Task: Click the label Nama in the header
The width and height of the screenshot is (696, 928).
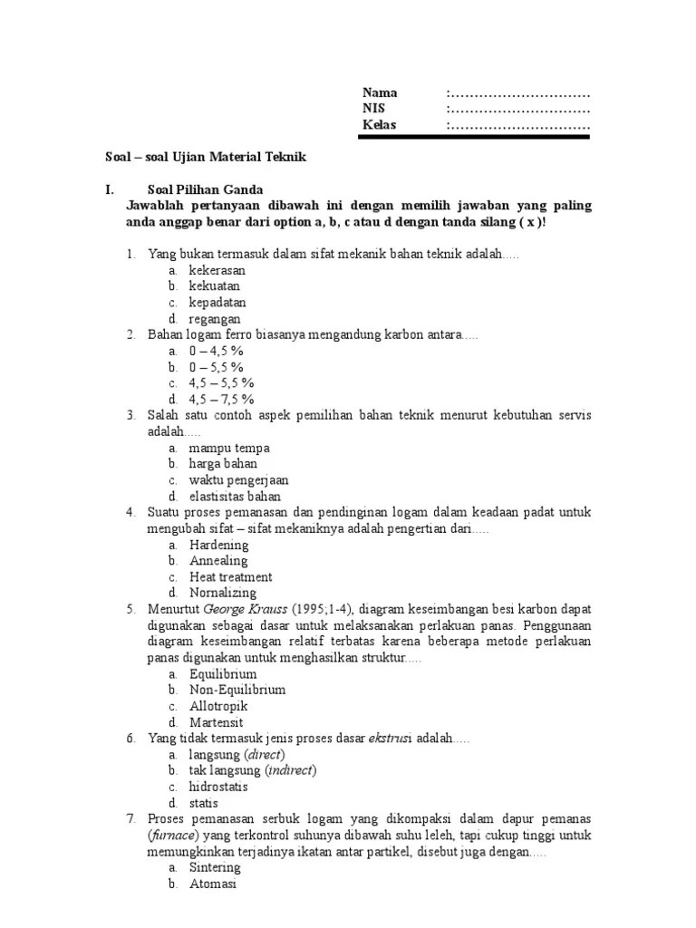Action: click(x=380, y=92)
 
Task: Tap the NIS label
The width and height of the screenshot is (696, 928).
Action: click(x=373, y=109)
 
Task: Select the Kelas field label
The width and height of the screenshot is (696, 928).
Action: click(x=380, y=125)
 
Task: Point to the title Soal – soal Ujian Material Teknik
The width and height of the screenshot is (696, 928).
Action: click(x=207, y=157)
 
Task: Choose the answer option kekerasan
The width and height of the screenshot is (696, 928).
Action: click(x=217, y=270)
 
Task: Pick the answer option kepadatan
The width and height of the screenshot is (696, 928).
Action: click(x=217, y=303)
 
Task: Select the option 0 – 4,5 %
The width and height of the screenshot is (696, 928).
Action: click(x=217, y=351)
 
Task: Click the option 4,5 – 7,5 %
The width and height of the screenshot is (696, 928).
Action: click(x=221, y=399)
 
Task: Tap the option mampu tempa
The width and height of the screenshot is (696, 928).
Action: click(x=229, y=448)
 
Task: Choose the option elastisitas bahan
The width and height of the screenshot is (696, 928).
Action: click(x=235, y=497)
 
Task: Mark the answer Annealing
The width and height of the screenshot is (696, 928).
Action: click(x=217, y=561)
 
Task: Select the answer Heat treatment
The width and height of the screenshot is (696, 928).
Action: click(x=230, y=577)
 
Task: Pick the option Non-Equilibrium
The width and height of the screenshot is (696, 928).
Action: click(x=237, y=690)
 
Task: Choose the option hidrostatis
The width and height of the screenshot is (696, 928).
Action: click(x=218, y=787)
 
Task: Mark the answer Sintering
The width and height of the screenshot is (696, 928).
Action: click(x=215, y=867)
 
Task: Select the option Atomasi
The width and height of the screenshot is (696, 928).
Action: click(x=212, y=884)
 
